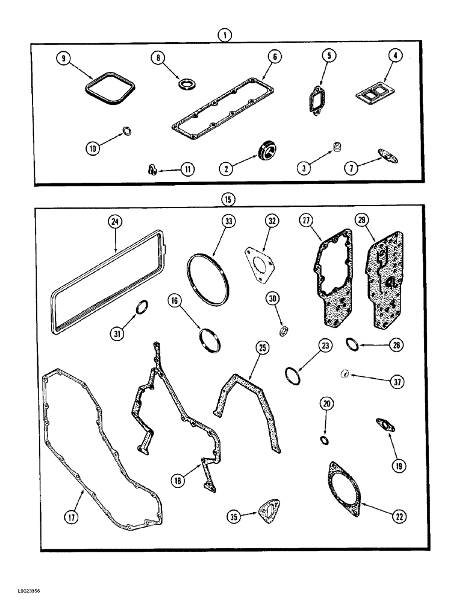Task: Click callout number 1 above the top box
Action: click(224, 36)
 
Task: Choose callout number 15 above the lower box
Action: click(224, 199)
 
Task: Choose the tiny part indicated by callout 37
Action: click(345, 374)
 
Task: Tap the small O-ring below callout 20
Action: click(325, 440)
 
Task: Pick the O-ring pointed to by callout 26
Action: click(353, 345)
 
